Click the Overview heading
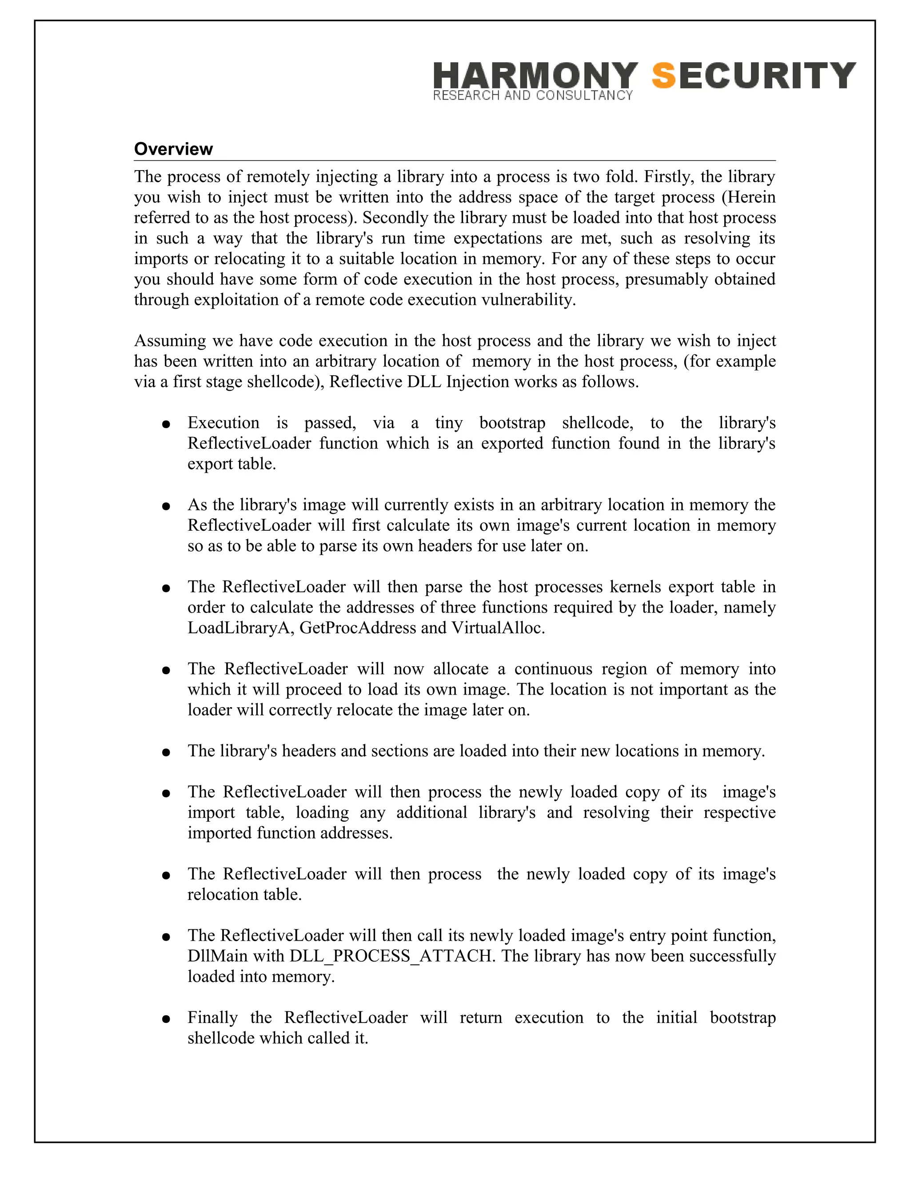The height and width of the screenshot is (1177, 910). [x=173, y=149]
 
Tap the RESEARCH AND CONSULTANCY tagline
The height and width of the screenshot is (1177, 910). [x=533, y=96]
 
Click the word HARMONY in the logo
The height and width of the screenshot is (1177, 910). [x=535, y=75]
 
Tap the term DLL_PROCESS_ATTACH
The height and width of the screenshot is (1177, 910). [x=391, y=956]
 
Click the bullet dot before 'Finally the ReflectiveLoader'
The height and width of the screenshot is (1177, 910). [x=166, y=1019]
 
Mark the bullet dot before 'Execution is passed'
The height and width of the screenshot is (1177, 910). [x=166, y=424]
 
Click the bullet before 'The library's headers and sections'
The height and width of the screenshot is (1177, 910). [x=166, y=752]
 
